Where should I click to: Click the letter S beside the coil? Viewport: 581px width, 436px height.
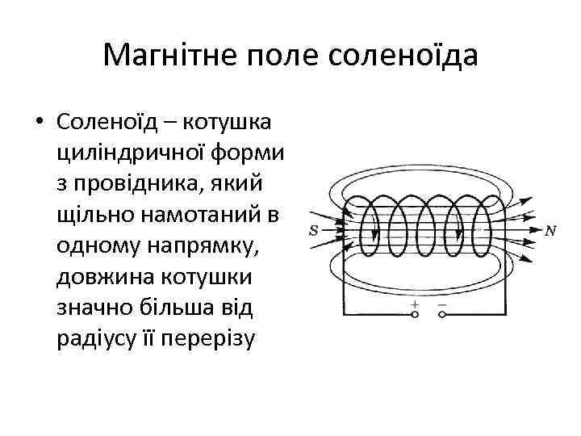314,230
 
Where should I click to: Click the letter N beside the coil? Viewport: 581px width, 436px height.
550,231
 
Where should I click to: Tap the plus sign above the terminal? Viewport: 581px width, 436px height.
415,304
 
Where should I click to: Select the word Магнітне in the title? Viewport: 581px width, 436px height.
166,56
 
